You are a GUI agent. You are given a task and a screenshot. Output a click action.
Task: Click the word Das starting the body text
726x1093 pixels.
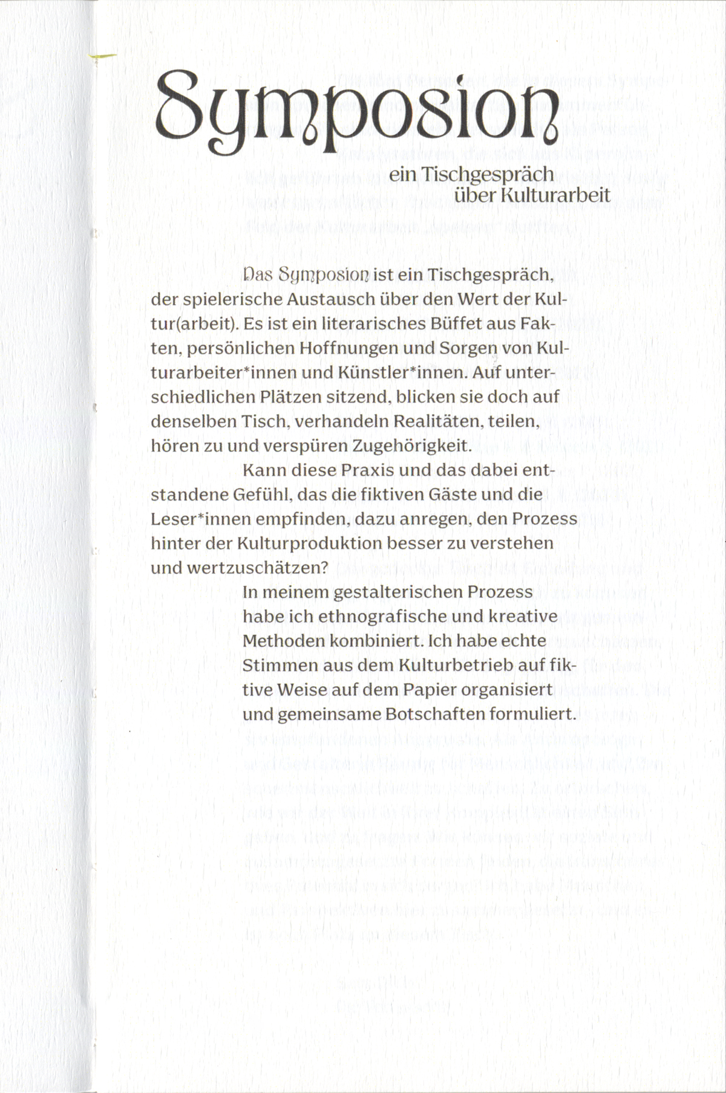pyautogui.click(x=258, y=274)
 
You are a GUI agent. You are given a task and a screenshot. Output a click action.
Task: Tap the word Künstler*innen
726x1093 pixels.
pyautogui.click(x=405, y=372)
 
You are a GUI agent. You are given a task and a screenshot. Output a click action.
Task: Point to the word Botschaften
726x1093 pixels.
pyautogui.click(x=435, y=714)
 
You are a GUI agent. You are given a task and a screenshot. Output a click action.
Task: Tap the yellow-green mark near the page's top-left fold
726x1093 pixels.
pyautogui.click(x=103, y=57)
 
